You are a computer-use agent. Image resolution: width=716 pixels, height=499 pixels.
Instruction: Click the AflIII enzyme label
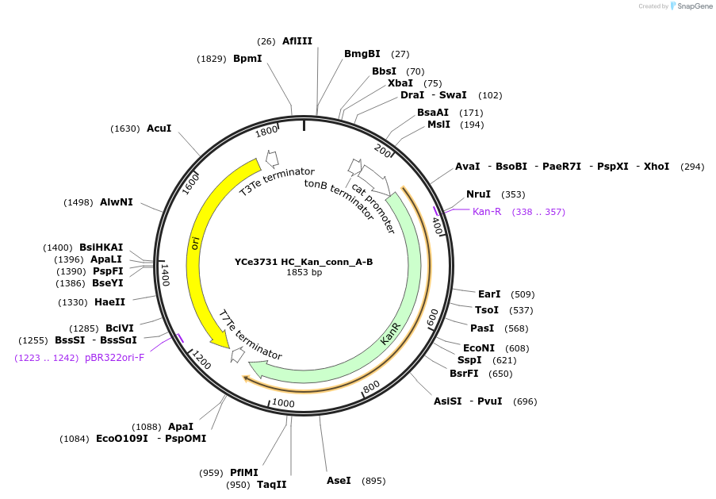coord(297,41)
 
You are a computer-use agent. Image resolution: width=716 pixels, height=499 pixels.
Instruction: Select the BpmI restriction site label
coord(247,59)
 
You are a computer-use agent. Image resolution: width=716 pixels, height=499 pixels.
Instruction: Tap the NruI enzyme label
coord(478,194)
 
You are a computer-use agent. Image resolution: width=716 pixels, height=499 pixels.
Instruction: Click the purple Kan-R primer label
coord(487,212)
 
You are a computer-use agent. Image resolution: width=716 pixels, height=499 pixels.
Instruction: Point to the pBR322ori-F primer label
coord(114,358)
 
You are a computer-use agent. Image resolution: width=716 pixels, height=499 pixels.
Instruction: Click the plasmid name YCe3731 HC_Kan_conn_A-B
coord(304,262)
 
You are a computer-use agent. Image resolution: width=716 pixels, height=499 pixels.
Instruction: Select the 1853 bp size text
coord(304,272)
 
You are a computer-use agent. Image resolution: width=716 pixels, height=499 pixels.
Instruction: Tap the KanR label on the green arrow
coord(390,333)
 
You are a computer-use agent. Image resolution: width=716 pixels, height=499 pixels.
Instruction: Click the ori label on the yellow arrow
coord(195,243)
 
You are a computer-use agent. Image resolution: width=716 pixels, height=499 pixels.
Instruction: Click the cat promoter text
coord(373,208)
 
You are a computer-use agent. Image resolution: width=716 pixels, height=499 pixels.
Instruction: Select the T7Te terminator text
coord(251,334)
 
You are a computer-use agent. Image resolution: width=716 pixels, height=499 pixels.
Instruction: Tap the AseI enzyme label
coord(339,481)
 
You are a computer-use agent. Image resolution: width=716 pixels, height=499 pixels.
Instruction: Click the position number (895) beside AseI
coord(373,481)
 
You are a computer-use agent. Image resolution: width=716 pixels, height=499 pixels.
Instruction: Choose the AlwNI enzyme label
coord(117,202)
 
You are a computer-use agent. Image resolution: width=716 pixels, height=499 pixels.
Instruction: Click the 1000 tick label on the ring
coord(283,403)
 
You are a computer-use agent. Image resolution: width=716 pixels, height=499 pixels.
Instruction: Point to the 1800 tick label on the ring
coord(266,131)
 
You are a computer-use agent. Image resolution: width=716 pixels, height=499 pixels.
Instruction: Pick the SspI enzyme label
coord(468,360)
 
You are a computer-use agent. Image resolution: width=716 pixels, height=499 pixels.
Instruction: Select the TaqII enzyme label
coord(272,485)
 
